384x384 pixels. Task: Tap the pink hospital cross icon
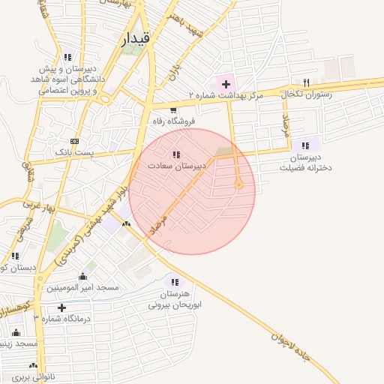pyautogui.click(x=226, y=82)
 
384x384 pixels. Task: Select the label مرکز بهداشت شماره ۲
pyautogui.click(x=225, y=96)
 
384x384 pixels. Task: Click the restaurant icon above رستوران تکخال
pyautogui.click(x=305, y=82)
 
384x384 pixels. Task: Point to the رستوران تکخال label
pyautogui.click(x=304, y=94)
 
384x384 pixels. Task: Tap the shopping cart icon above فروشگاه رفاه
pyautogui.click(x=173, y=109)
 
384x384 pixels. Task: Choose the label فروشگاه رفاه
pyautogui.click(x=173, y=121)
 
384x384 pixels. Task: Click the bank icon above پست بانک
pyautogui.click(x=74, y=140)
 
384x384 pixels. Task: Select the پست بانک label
pyautogui.click(x=74, y=152)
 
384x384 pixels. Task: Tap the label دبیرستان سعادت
pyautogui.click(x=175, y=166)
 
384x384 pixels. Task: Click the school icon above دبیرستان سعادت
pyautogui.click(x=175, y=154)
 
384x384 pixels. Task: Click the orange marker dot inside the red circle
pyautogui.click(x=239, y=184)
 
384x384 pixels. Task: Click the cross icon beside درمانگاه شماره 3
pyautogui.click(x=61, y=307)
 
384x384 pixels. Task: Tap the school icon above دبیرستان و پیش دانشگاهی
pyautogui.click(x=68, y=56)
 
